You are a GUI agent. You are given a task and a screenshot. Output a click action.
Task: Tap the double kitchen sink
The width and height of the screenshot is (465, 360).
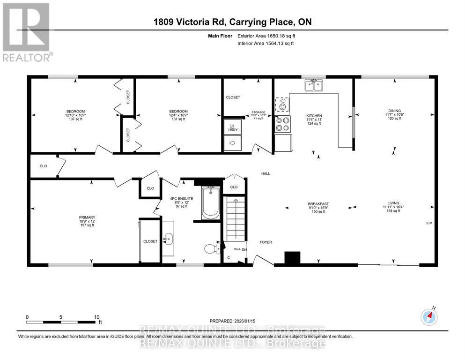[x=314, y=85]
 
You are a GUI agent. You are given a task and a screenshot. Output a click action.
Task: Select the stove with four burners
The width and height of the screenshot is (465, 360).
[x=282, y=124]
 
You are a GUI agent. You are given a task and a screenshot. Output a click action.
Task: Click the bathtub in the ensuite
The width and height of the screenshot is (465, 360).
[x=211, y=202]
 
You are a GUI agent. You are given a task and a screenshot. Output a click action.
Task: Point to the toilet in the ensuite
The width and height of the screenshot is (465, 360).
[x=212, y=247]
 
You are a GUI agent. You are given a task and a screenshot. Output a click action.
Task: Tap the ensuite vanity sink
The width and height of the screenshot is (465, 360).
[x=168, y=240]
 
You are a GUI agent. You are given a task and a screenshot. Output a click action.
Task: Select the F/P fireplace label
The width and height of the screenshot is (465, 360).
[x=428, y=223]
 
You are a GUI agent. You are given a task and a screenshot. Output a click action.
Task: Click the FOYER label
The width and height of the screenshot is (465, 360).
[x=266, y=242]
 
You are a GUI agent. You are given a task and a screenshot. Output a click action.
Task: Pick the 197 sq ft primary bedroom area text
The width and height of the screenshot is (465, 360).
[x=87, y=225]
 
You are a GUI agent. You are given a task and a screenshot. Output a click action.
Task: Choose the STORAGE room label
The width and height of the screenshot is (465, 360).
[x=258, y=112]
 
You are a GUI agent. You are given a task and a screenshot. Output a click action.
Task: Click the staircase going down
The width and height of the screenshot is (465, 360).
[x=235, y=218]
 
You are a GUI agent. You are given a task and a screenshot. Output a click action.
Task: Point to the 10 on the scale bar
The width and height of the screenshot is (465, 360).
[x=96, y=316]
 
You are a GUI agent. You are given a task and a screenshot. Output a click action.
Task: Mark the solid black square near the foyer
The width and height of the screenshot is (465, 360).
[x=292, y=258]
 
